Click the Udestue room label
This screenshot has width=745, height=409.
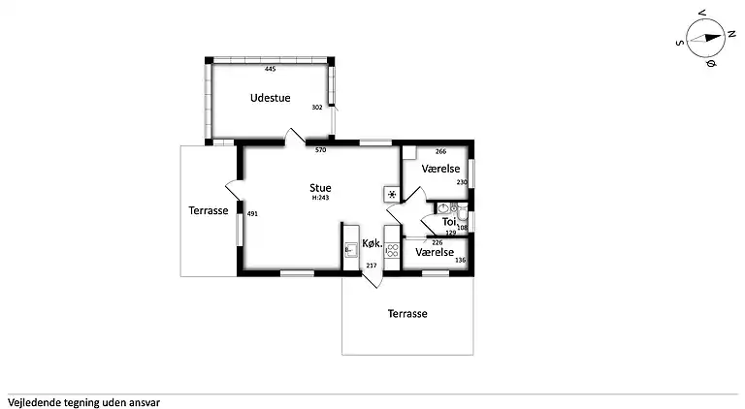[270, 98]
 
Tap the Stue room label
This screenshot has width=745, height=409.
[320, 188]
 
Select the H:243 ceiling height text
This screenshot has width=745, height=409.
[320, 198]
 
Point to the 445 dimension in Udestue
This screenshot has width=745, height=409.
[270, 69]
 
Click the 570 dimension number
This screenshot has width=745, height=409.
[321, 150]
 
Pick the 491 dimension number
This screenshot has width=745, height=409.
[252, 214]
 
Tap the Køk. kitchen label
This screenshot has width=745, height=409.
[372, 243]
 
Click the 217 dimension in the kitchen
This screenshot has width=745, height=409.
[372, 266]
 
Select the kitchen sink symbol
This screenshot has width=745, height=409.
[350, 250]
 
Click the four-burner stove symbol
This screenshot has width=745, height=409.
[392, 250]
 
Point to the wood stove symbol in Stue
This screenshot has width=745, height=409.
[392, 194]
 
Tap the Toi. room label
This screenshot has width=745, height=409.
[449, 222]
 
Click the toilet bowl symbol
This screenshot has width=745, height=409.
[463, 214]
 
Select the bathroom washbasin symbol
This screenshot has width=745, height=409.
[443, 207]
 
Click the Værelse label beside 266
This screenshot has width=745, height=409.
[440, 169]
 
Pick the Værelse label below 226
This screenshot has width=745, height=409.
[435, 252]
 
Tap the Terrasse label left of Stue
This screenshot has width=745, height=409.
[209, 210]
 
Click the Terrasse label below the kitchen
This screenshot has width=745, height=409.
[407, 314]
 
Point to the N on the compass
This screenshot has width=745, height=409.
[731, 34]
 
